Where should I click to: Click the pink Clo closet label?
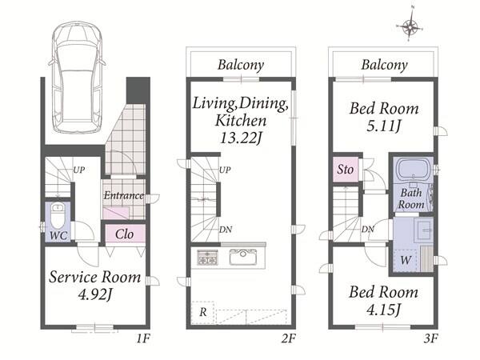[124, 234]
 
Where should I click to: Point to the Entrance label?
[124, 195]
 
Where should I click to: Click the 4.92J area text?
[94, 294]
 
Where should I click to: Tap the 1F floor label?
[142, 338]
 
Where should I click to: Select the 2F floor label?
[288, 338]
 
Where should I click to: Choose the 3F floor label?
[430, 338]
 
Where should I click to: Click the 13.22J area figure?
[241, 138]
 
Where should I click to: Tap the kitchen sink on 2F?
[243, 257]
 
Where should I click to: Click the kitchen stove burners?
[208, 257]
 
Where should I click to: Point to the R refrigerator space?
[202, 313]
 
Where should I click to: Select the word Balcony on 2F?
[241, 66]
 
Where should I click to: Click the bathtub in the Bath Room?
[413, 170]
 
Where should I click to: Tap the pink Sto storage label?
[346, 170]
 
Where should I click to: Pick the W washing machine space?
[406, 261]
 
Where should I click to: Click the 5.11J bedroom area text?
[384, 126]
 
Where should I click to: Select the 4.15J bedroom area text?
[383, 310]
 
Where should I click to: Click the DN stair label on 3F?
[367, 229]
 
